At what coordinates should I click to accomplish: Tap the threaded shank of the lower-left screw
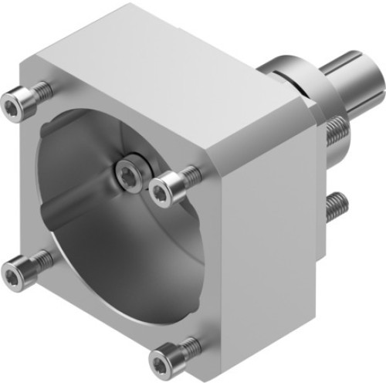coord(39,262)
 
